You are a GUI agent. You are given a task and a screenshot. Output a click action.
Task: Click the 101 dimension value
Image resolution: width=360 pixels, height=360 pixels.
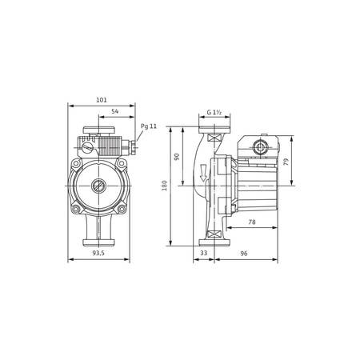pyautogui.click(x=102, y=100)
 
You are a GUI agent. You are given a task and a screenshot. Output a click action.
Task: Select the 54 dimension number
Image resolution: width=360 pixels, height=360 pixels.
pyautogui.click(x=114, y=111)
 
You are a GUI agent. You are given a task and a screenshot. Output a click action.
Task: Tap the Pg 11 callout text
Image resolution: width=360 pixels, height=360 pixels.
pyautogui.click(x=149, y=126)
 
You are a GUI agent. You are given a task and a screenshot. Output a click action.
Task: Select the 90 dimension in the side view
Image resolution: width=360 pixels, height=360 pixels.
pyautogui.click(x=178, y=157)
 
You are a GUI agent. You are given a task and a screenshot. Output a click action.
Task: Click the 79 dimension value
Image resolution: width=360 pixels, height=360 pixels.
pyautogui.click(x=286, y=161)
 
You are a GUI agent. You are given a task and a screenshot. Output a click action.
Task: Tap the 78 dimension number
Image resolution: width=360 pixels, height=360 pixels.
pyautogui.click(x=251, y=222)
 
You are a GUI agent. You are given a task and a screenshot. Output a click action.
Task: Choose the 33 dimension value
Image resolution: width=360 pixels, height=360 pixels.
pyautogui.click(x=202, y=254)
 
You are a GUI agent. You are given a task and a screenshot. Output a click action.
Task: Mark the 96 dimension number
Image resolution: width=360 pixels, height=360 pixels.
pyautogui.click(x=245, y=254)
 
